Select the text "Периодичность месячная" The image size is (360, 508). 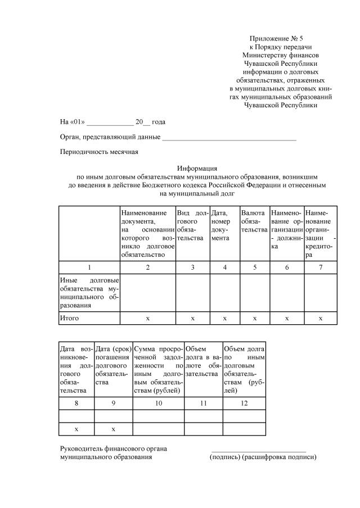coord(99,152)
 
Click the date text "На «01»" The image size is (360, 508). coord(72,122)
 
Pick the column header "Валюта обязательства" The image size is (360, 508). coord(254,221)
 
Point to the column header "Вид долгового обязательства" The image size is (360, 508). coord(192,225)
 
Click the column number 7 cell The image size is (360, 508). coord(321,267)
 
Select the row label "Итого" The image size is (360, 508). coord(69,318)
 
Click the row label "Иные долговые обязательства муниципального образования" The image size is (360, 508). coord(89,292)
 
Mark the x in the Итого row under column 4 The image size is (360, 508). coord(224,318)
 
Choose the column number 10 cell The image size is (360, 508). coord(158,403)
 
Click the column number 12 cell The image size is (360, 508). coord(244,403)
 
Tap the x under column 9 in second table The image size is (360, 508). coord(113,429)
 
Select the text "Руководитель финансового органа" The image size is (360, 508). coord(113,448)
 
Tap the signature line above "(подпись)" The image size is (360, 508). coord(259,451)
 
